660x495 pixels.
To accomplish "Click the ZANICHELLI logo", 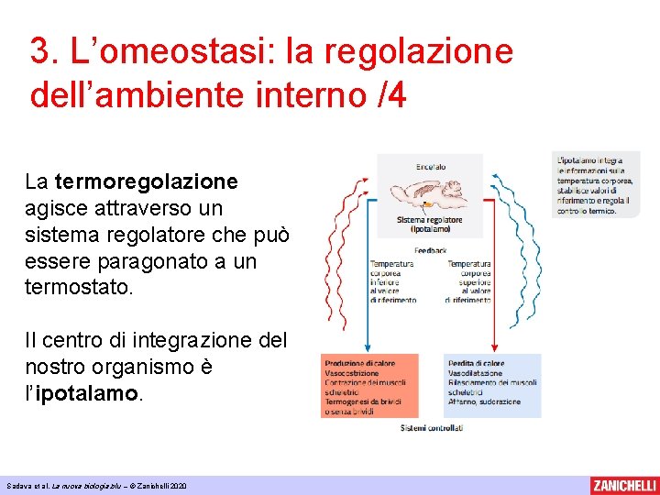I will click(x=623, y=485).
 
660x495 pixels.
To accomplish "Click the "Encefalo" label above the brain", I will click(x=431, y=167).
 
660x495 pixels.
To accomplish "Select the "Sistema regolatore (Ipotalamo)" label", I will click(x=430, y=225).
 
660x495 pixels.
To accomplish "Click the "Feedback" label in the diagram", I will click(x=430, y=249).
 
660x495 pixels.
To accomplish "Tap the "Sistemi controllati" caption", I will click(x=431, y=427).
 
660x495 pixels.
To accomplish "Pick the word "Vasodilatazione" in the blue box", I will click(x=476, y=374).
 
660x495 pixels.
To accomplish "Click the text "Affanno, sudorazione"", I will click(x=484, y=401).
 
